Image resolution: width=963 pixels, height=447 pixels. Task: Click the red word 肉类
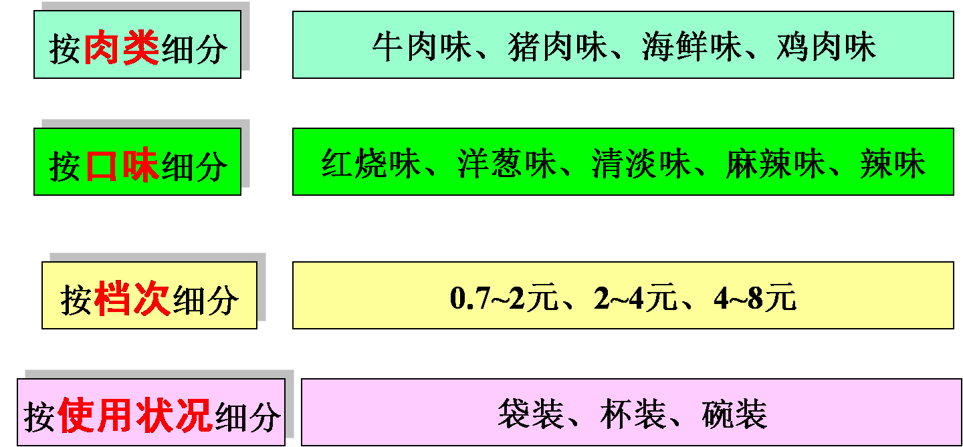122,48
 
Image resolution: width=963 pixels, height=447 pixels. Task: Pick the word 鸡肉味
826,48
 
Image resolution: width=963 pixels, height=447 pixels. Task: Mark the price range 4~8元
755,299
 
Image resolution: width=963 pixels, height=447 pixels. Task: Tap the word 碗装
734,414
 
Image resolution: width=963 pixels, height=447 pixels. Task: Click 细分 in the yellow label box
205,300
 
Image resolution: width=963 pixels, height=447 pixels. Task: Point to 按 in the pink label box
39,417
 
